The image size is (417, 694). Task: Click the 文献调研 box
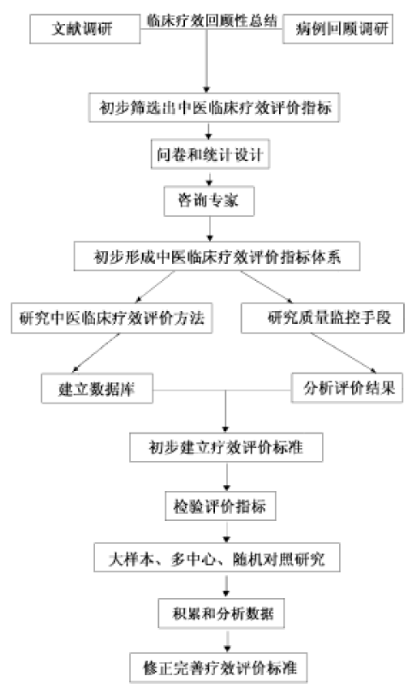[85, 29]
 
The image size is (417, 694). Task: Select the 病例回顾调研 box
[338, 29]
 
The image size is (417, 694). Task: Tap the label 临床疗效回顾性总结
[211, 21]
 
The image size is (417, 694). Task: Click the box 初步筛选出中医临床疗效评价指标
[214, 107]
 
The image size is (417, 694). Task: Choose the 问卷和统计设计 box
[210, 154]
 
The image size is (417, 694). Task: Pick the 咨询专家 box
[209, 201]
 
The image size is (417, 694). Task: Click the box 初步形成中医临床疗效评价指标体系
[217, 256]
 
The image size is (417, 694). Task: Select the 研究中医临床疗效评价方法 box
[112, 318]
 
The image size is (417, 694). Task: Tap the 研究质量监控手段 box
[322, 318]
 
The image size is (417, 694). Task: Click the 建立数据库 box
[98, 388]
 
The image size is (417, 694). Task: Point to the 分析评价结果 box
[347, 388]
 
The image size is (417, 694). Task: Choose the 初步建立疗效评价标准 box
[226, 447]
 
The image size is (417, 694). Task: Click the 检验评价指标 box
[220, 506]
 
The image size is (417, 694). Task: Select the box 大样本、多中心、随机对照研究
[217, 558]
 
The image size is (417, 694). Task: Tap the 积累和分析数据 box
[222, 613]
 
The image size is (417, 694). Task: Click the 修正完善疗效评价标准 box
[218, 667]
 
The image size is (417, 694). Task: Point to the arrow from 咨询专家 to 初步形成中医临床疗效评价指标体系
[210, 229]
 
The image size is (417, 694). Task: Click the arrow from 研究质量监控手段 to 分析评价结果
[343, 353]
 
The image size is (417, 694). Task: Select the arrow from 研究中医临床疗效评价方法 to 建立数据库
[96, 353]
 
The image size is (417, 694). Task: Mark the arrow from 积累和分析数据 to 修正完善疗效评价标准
[227, 640]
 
